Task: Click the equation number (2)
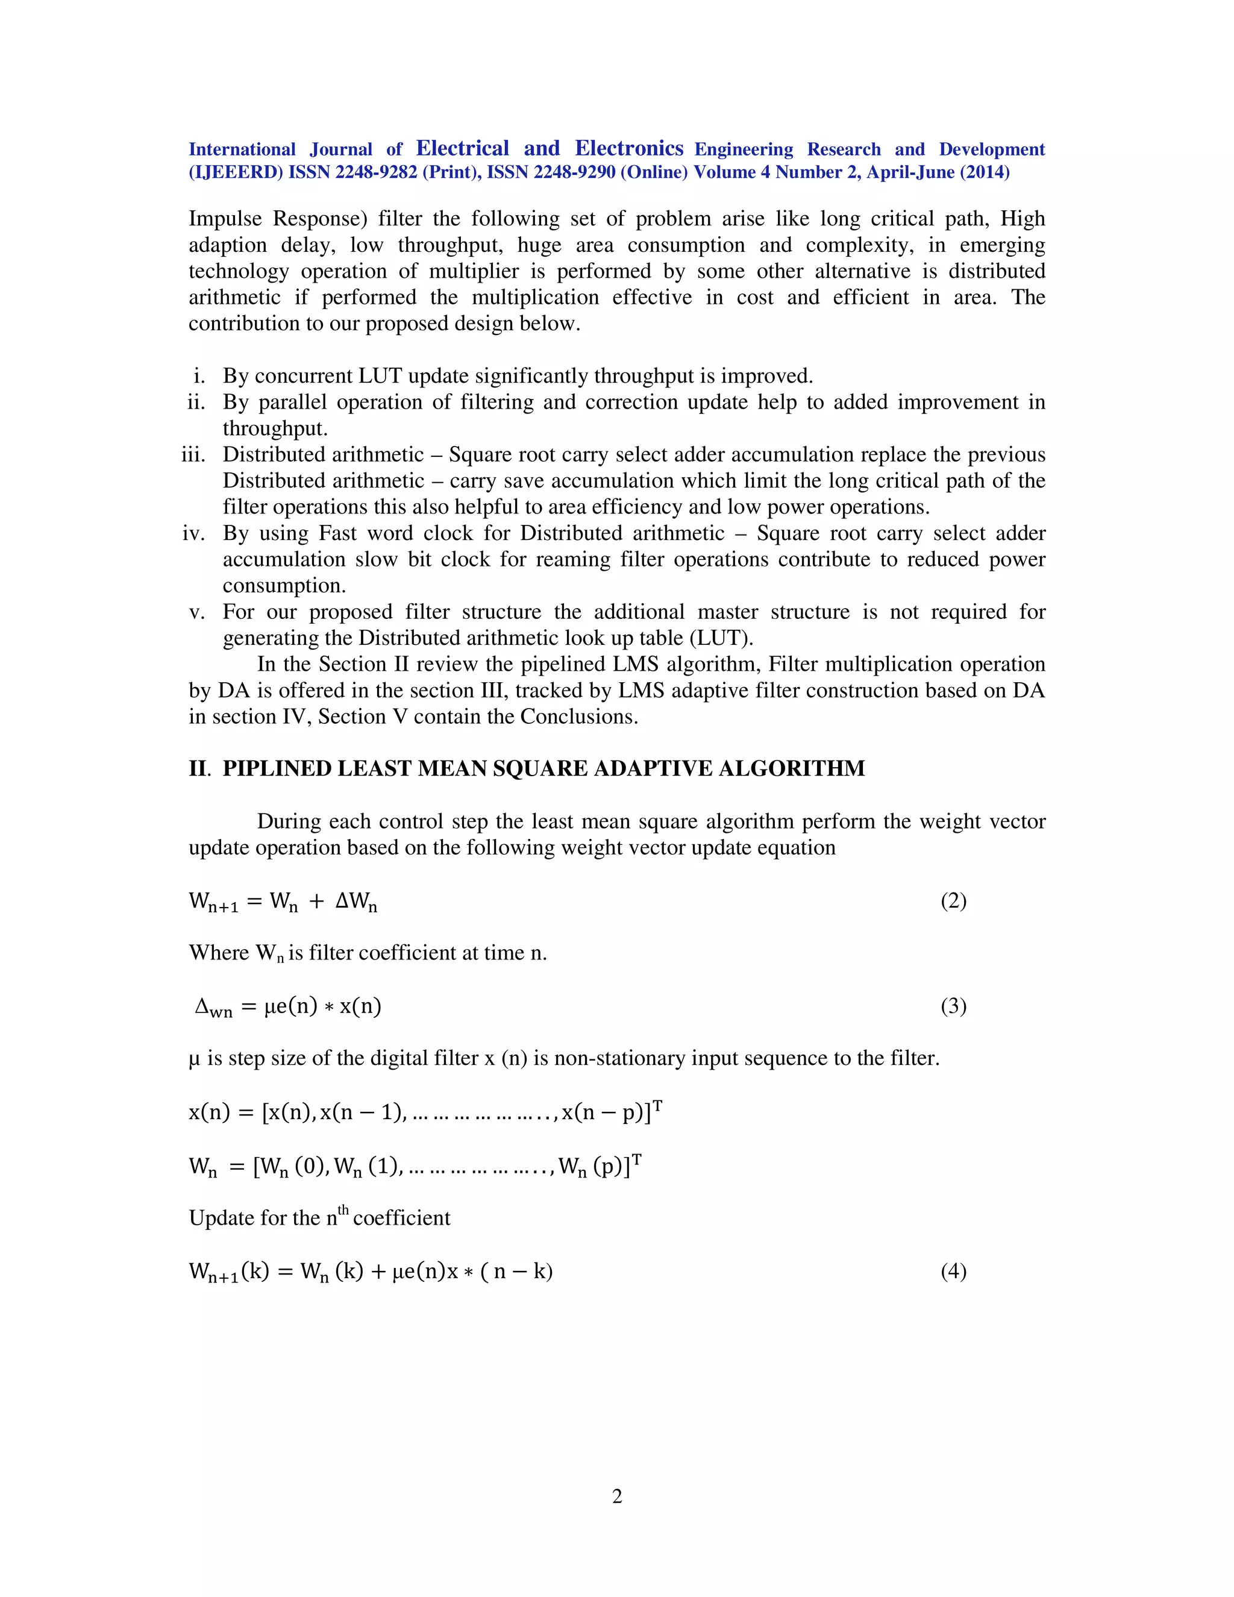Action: pyautogui.click(x=953, y=901)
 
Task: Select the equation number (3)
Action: pyautogui.click(x=953, y=1006)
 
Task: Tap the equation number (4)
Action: pyautogui.click(x=953, y=1271)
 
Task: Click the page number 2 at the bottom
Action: pyautogui.click(x=617, y=1497)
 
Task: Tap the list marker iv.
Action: pyautogui.click(x=194, y=533)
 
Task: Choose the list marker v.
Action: pyautogui.click(x=196, y=612)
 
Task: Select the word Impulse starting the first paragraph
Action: pyautogui.click(x=224, y=219)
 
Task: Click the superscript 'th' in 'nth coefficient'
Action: pyautogui.click(x=343, y=1210)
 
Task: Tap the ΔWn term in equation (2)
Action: pyautogui.click(x=356, y=902)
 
